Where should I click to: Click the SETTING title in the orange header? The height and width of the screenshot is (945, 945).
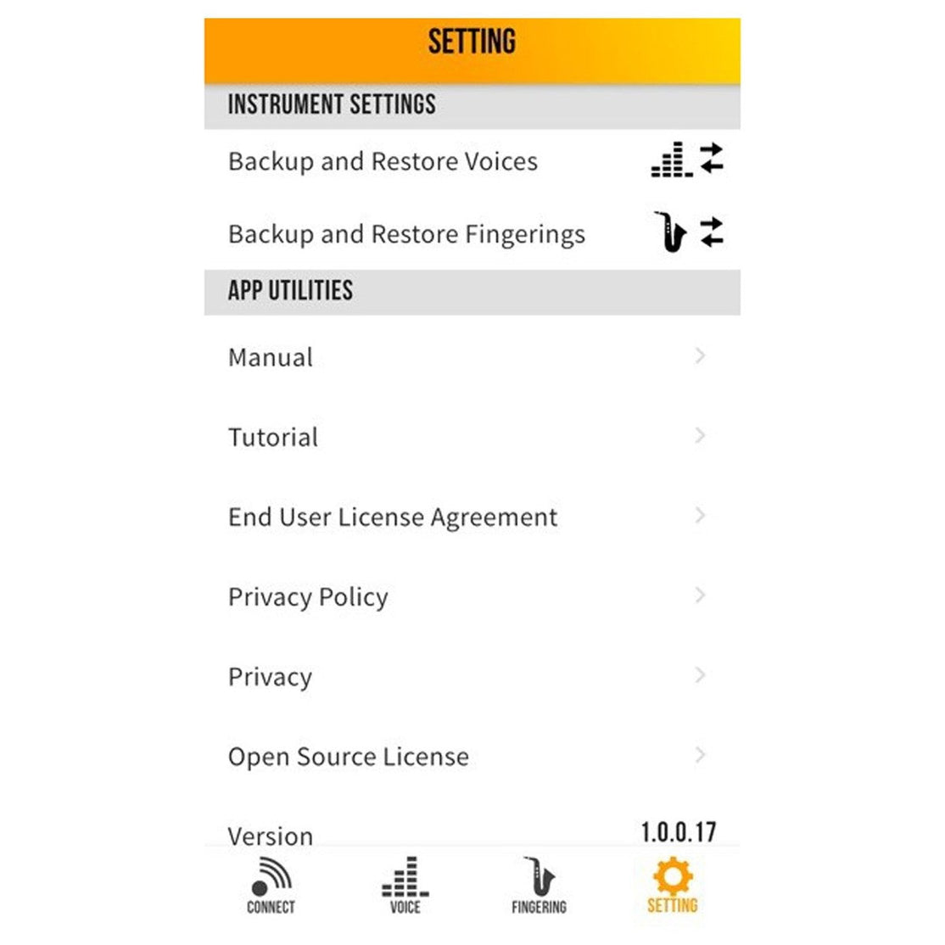point(472,42)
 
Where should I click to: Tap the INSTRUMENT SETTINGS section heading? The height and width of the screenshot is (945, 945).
point(332,104)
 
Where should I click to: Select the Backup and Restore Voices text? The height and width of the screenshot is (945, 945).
point(383,161)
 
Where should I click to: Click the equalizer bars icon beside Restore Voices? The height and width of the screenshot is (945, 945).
point(671,159)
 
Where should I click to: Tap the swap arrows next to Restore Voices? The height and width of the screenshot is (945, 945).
point(712,159)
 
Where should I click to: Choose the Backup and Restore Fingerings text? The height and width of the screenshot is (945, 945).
point(406,234)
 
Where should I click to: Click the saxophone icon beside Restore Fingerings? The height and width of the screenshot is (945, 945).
point(671,232)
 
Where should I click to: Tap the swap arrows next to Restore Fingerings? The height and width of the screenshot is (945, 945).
point(712,232)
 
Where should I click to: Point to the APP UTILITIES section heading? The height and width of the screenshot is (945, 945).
point(290,290)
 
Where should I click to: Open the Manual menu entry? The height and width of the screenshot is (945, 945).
point(271,357)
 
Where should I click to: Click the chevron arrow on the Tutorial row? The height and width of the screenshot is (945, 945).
point(700,436)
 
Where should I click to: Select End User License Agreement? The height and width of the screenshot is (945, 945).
point(393,517)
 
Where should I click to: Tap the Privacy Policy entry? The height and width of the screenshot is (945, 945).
point(308,597)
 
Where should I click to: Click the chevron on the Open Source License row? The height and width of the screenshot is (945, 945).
point(700,755)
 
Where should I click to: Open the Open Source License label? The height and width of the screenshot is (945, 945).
point(348,757)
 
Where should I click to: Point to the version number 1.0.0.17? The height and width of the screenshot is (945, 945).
point(678,831)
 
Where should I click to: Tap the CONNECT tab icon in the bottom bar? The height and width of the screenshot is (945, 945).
point(271,878)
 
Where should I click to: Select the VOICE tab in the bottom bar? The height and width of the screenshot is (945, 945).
point(405,885)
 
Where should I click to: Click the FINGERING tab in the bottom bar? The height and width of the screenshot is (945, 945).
point(539,885)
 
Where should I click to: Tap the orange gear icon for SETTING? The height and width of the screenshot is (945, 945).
point(673,875)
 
